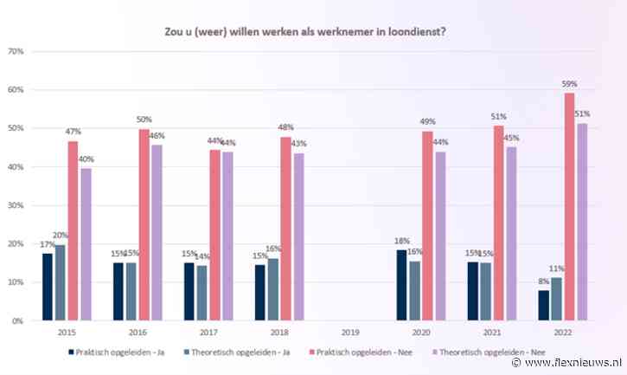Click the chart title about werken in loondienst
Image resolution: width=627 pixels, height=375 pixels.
click(317, 32)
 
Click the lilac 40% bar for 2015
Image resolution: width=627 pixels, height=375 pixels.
click(86, 244)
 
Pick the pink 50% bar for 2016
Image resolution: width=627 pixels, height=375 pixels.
click(144, 225)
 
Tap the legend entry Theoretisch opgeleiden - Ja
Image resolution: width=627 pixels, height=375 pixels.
click(239, 352)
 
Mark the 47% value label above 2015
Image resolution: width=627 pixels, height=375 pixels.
click(74, 133)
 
